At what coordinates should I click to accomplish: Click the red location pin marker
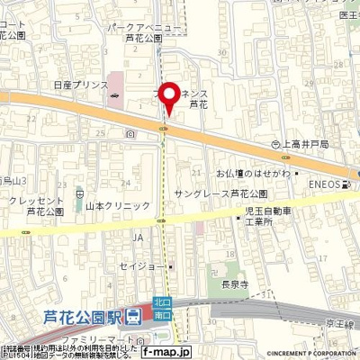tap(167, 94)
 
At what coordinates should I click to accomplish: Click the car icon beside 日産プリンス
tap(113, 94)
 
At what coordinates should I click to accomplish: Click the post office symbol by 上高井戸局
tap(277, 142)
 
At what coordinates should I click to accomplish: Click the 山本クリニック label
tap(118, 206)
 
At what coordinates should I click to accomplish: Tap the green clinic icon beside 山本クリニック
tap(79, 192)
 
